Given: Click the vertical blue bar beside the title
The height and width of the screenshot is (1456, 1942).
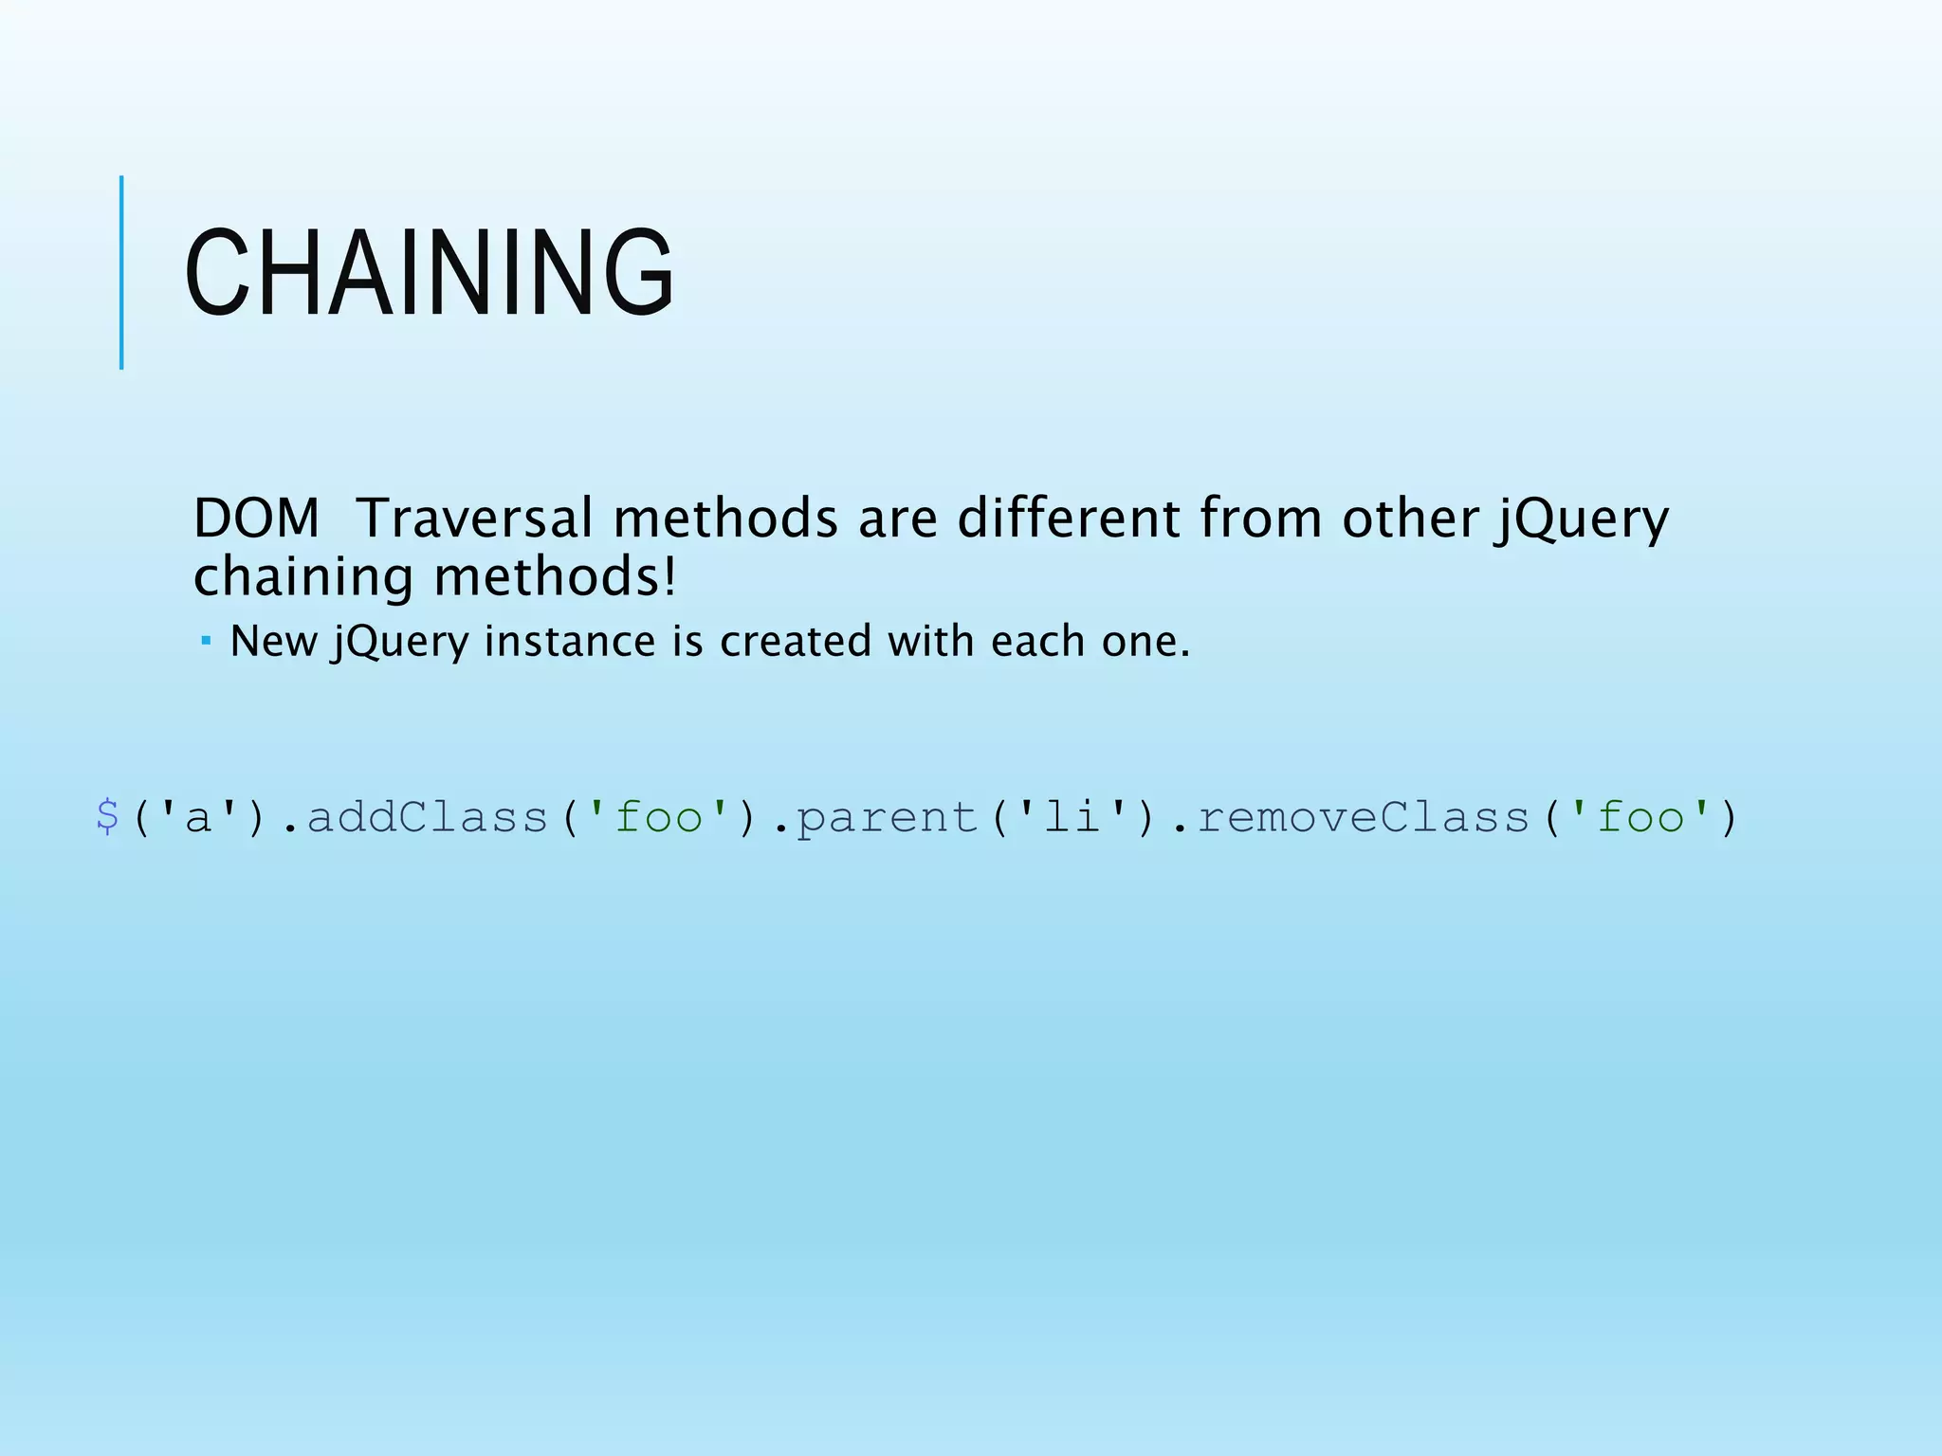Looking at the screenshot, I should pyautogui.click(x=121, y=273).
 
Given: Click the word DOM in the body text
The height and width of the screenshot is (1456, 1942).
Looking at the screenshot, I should pyautogui.click(x=256, y=519).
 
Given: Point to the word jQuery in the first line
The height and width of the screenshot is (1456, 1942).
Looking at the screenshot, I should pyautogui.click(x=1582, y=520).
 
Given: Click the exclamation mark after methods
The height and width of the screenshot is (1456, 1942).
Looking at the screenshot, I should pyautogui.click(x=670, y=576).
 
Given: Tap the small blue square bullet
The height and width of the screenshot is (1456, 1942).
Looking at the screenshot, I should pyautogui.click(x=206, y=642).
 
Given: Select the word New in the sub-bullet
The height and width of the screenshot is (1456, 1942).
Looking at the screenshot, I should pyautogui.click(x=273, y=642).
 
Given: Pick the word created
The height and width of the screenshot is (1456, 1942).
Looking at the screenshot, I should pyautogui.click(x=796, y=642).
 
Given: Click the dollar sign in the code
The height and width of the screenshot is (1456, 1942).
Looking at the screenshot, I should pyautogui.click(x=107, y=817).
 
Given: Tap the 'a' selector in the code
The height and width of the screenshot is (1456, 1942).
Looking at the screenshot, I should pyautogui.click(x=198, y=817).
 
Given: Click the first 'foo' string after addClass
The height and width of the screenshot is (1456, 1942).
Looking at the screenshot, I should pyautogui.click(x=658, y=817).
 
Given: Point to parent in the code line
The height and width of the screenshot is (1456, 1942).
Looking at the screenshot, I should pyautogui.click(x=887, y=817).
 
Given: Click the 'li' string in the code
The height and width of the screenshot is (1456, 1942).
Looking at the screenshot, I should pyautogui.click(x=1072, y=817).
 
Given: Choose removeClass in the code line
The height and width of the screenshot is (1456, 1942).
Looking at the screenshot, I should pyautogui.click(x=1364, y=817).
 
